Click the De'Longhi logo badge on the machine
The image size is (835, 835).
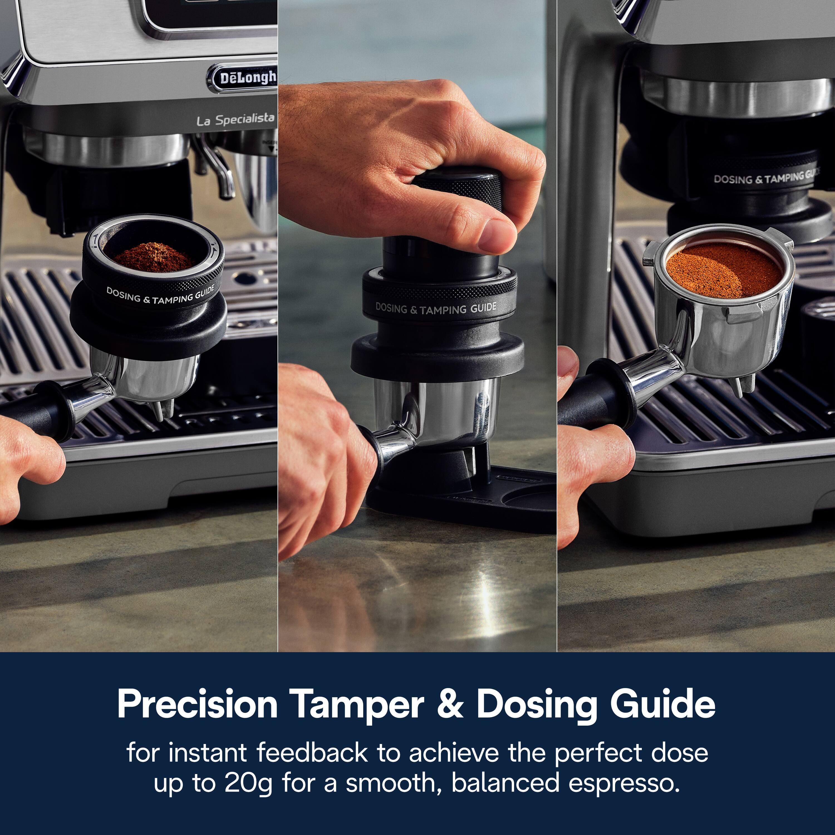tap(244, 78)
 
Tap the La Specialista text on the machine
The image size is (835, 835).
tap(235, 120)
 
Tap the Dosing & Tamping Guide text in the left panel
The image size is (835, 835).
tap(160, 296)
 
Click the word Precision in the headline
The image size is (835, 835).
tap(197, 704)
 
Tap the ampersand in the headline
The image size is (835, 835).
tap(450, 704)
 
